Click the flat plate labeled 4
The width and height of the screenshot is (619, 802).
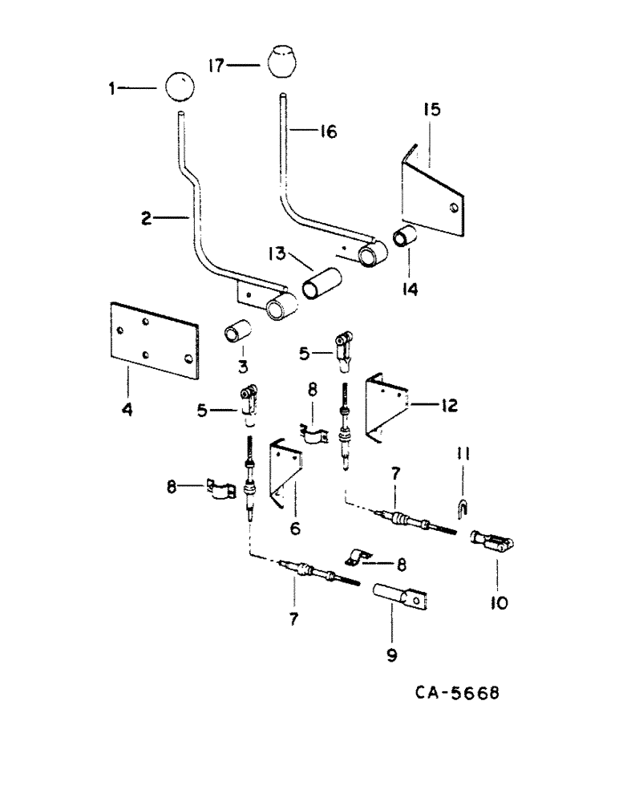[153, 339]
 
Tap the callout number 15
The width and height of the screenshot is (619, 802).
[432, 108]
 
